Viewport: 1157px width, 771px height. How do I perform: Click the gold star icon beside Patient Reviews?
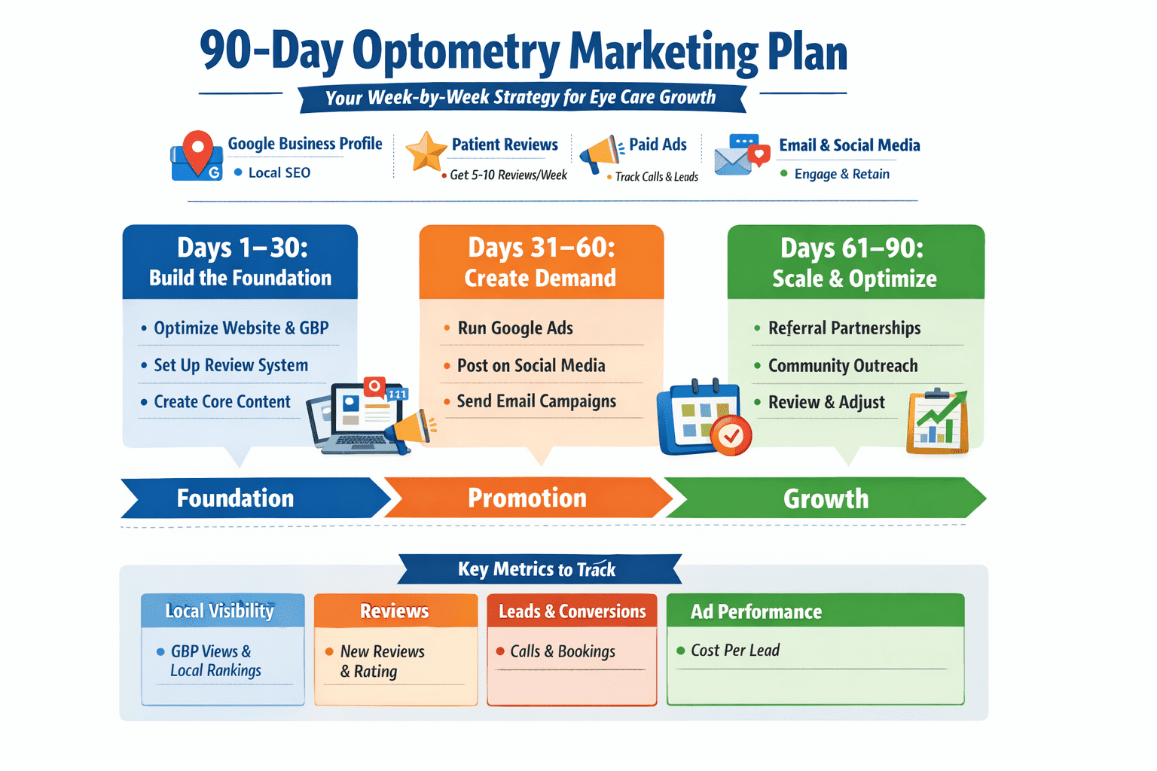point(426,151)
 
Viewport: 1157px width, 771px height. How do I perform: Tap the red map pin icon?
point(198,151)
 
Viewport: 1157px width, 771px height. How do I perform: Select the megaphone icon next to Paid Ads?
point(599,154)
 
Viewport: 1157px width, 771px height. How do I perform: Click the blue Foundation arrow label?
point(235,498)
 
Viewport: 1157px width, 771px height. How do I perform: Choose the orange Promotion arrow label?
point(527,498)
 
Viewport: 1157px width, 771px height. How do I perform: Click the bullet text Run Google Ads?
point(515,328)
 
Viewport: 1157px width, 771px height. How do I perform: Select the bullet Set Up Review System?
point(231,365)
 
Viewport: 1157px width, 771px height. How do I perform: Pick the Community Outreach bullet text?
point(843,366)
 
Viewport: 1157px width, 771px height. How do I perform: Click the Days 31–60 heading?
point(542,248)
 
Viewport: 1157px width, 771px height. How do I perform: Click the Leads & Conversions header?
point(572,611)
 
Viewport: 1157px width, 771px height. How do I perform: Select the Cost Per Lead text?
point(735,651)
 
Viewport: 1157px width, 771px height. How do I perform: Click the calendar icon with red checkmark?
point(704,418)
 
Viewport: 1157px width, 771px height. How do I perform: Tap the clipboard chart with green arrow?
point(938,422)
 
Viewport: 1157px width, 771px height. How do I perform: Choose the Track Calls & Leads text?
point(657,177)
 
